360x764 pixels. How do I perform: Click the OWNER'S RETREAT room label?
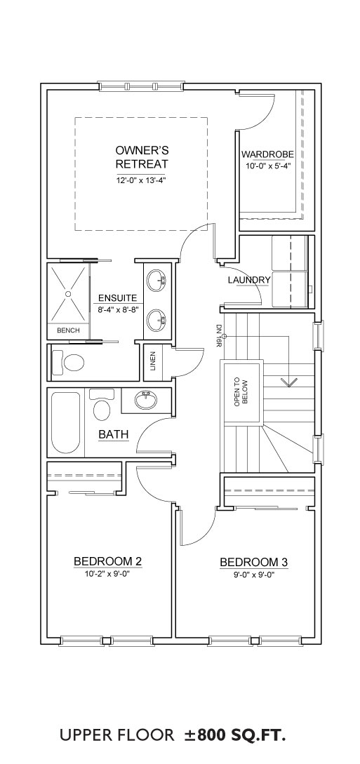click(141, 156)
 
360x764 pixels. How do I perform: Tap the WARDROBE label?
click(268, 155)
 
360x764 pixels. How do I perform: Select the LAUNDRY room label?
click(249, 280)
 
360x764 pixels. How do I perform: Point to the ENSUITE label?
click(117, 298)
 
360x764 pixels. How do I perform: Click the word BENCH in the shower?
click(68, 330)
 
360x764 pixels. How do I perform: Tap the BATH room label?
click(114, 434)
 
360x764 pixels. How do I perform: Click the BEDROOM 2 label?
click(107, 561)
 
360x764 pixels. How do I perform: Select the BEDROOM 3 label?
click(254, 562)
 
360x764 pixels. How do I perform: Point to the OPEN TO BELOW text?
click(241, 392)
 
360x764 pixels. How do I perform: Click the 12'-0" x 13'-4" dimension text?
click(141, 179)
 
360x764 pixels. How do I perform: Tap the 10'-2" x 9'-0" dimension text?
click(107, 573)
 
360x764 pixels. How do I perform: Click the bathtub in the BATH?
click(66, 422)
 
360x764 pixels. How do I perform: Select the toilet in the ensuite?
click(68, 362)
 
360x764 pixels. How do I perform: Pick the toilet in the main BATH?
click(102, 405)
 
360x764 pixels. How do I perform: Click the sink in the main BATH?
click(146, 401)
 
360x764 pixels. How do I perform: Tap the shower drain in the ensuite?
click(68, 294)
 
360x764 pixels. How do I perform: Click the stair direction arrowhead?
click(289, 382)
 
